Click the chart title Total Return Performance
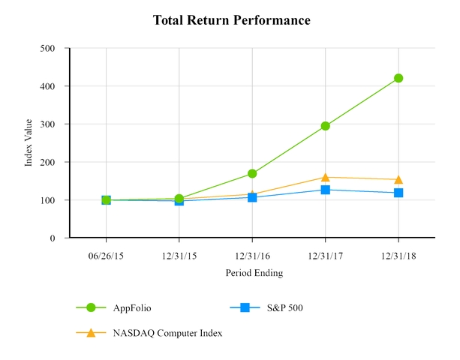tap(231, 20)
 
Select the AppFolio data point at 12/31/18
tap(398, 78)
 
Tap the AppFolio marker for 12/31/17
tap(326, 126)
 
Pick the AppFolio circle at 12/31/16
tap(252, 173)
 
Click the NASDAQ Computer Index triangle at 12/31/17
tap(326, 177)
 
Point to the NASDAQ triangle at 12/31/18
tap(398, 179)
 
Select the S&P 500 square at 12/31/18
tap(398, 193)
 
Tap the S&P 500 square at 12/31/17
tap(326, 190)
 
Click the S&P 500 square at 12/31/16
tap(252, 197)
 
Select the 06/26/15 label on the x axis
tap(106, 255)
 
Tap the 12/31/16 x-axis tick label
tap(252, 255)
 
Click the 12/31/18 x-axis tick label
tap(398, 255)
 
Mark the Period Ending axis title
tap(254, 274)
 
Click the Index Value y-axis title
tap(29, 143)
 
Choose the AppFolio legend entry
tap(131, 307)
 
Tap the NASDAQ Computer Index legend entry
tap(167, 333)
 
